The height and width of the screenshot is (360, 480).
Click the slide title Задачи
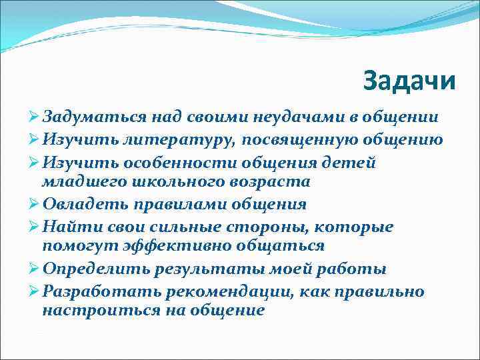click(410, 81)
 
